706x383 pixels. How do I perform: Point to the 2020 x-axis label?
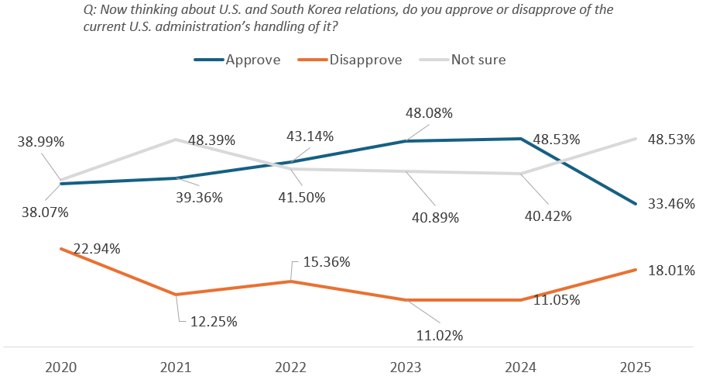[62, 366]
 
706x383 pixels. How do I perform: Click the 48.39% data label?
[209, 140]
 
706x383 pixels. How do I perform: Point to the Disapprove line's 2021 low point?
[177, 295]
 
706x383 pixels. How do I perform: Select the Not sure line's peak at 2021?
[177, 139]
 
